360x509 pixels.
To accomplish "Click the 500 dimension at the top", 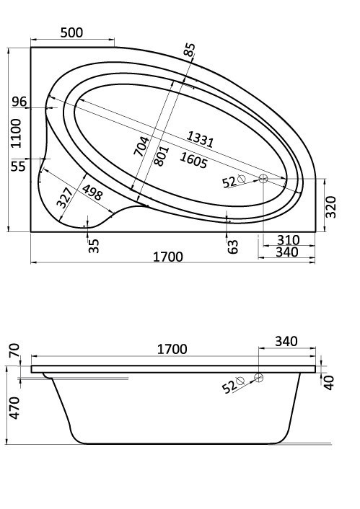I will pos(73,32).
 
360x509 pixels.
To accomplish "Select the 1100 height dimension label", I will pos(17,134).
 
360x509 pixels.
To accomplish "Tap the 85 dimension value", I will pos(189,51).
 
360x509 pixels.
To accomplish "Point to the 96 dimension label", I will pos(19,102).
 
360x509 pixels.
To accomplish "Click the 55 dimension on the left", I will pos(19,167).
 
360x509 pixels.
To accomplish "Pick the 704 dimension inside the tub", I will pos(143,151).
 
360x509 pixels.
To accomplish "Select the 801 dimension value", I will pos(162,155).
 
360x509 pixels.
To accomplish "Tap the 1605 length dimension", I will pos(193,159).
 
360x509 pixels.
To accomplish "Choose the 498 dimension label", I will pos(91,193).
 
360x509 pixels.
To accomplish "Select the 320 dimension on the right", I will pos(331,207).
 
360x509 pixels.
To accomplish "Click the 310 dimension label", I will pos(287,239).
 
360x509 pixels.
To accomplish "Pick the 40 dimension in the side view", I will pos(330,382).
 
